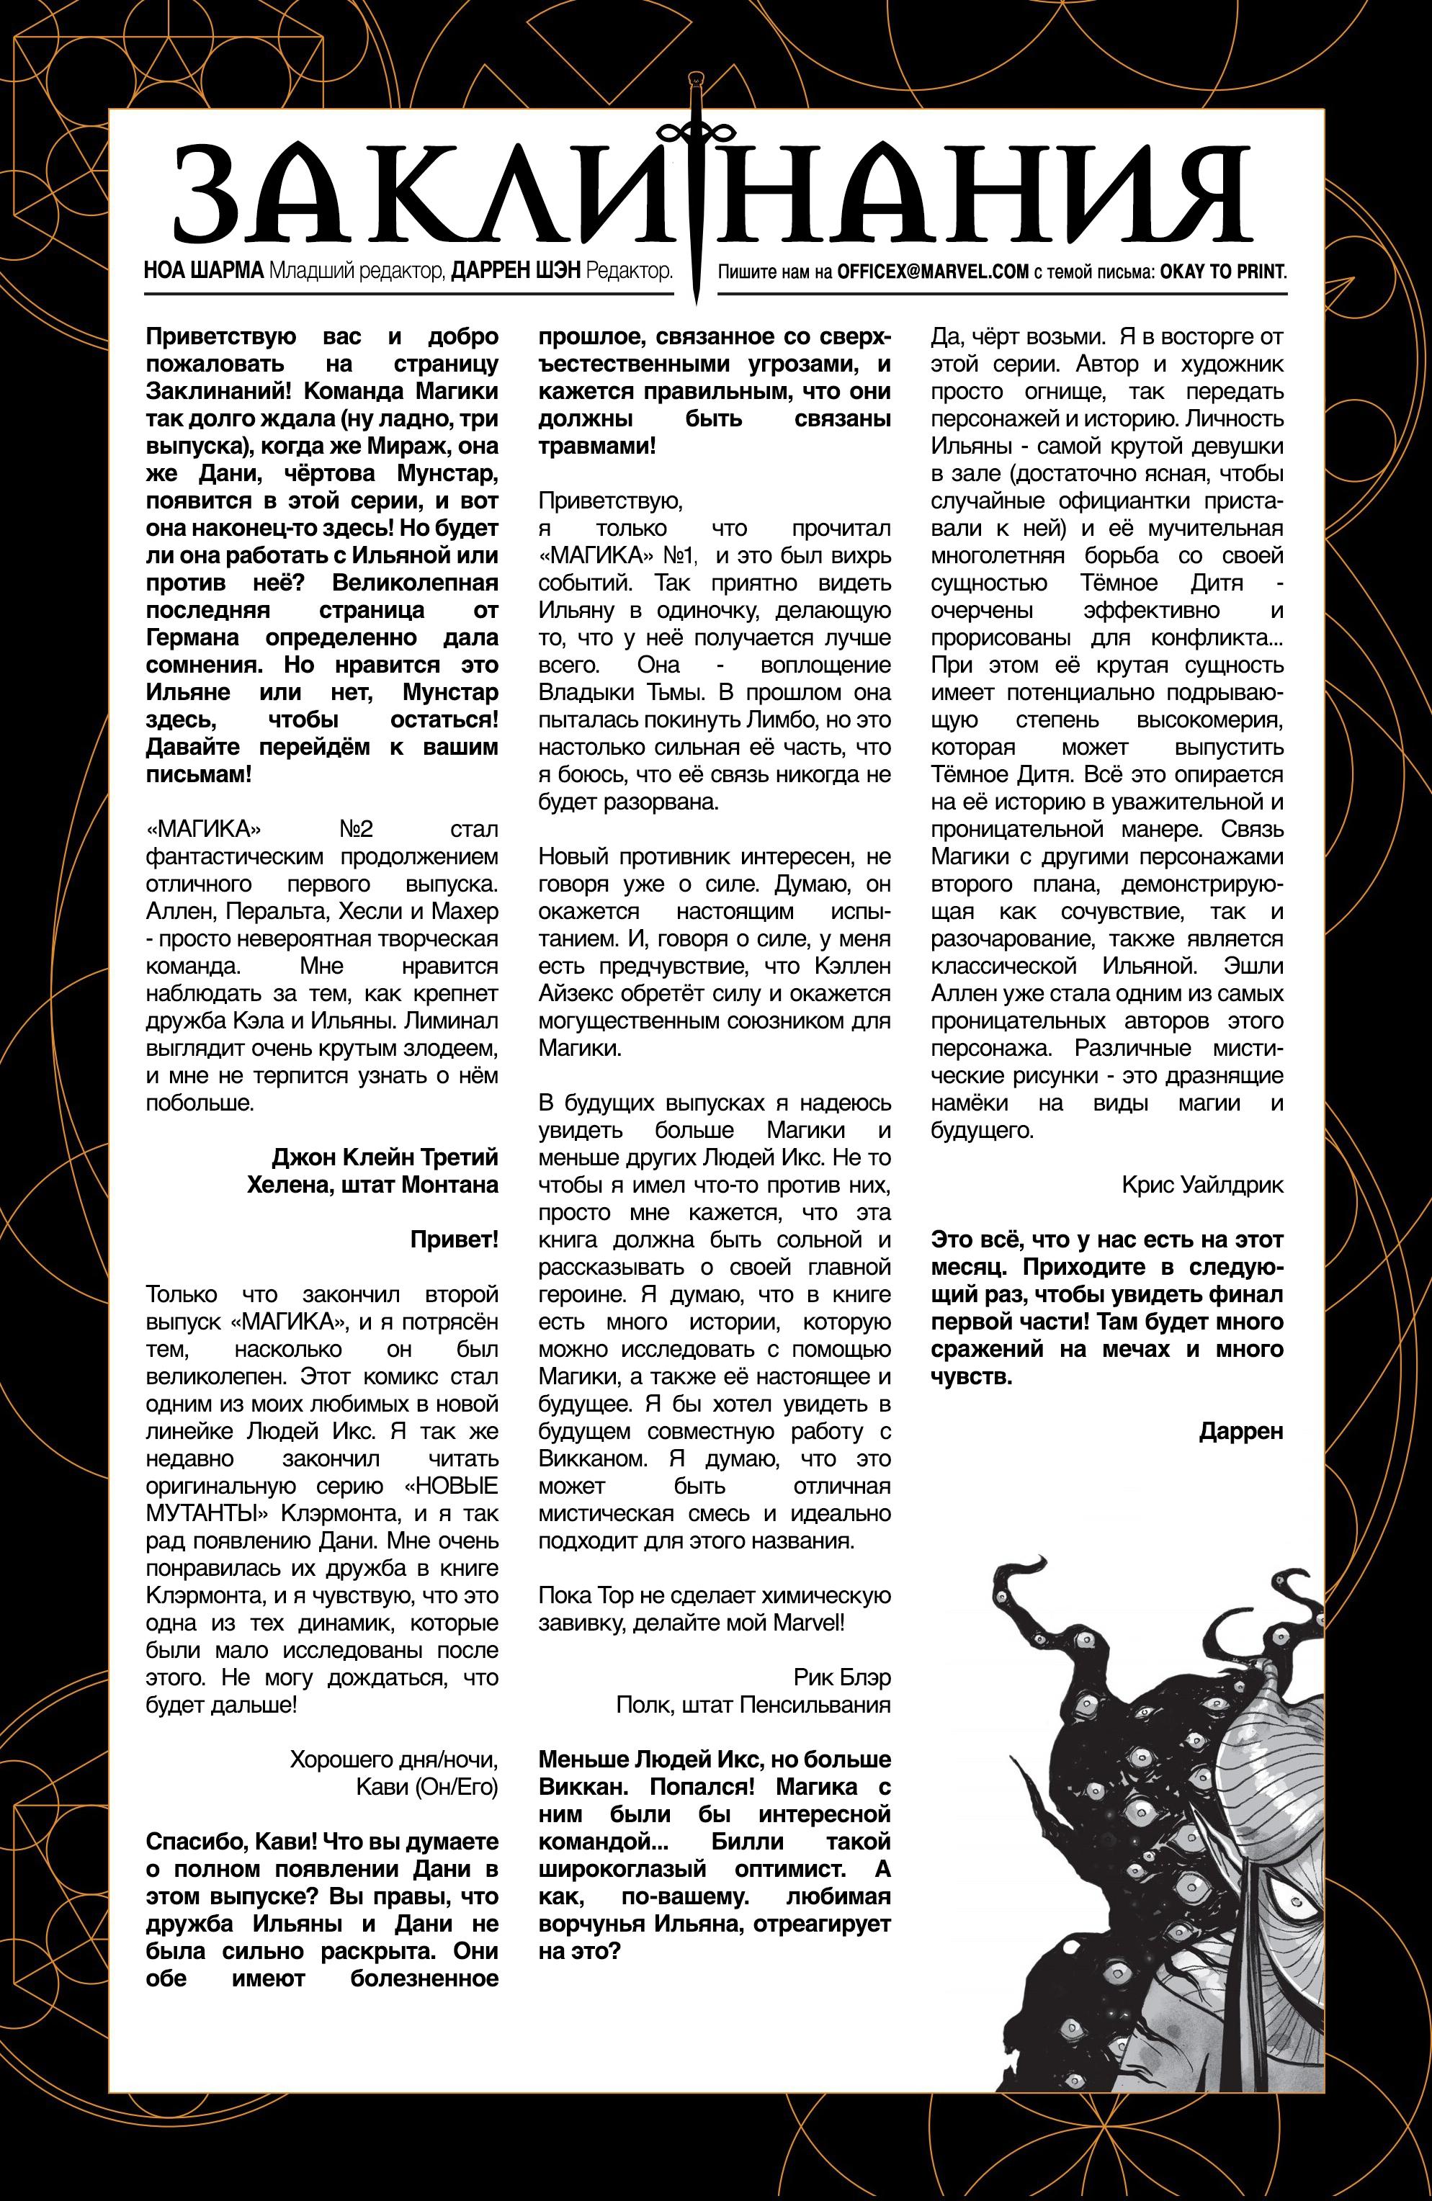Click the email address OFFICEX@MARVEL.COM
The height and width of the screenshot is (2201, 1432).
(x=933, y=272)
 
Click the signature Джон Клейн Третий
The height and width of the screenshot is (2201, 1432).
(x=385, y=1157)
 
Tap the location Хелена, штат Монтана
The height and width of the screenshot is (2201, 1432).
(x=372, y=1184)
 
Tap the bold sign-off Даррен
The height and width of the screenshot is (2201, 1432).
(x=1240, y=1432)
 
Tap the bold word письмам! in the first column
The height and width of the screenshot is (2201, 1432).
(x=198, y=774)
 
